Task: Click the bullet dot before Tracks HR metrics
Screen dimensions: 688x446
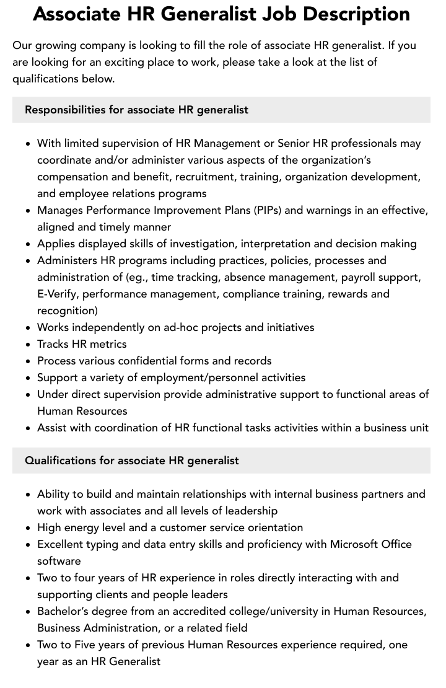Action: [x=28, y=345]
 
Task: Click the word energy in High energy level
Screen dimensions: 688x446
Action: [x=85, y=527]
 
